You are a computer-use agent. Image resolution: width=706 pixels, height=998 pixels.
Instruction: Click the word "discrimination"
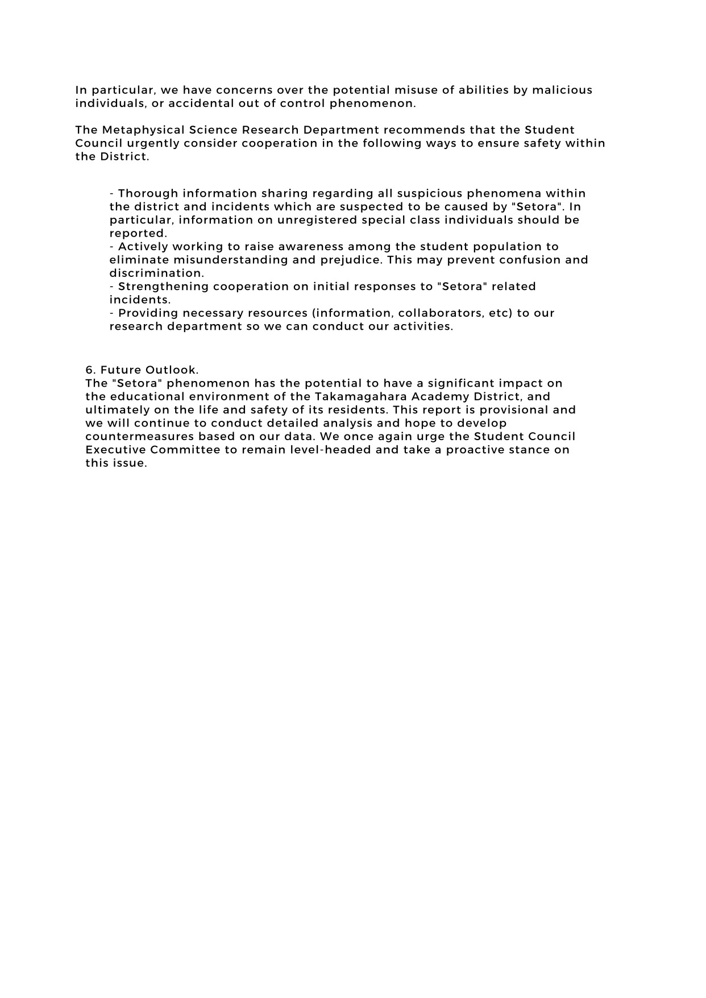tap(156, 273)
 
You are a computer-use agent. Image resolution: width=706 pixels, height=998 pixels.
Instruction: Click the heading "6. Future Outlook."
tap(142, 370)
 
